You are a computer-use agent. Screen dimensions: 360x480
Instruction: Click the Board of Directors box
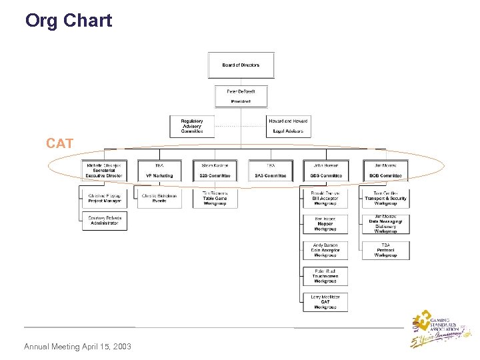(x=241, y=65)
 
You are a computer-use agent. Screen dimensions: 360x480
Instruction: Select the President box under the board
(x=241, y=96)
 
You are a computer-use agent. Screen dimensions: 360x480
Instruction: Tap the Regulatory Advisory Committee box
(x=191, y=126)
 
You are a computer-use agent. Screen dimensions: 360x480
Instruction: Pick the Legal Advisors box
(x=288, y=126)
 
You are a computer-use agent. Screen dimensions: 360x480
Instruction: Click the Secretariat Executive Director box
(x=103, y=170)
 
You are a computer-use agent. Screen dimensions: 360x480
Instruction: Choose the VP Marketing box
(x=159, y=170)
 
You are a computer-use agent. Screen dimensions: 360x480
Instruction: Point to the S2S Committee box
(x=215, y=170)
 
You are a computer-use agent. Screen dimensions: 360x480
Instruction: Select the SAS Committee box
(x=270, y=170)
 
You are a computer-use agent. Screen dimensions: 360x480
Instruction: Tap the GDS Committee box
(x=325, y=170)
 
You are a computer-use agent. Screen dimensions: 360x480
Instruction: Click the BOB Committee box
(x=385, y=170)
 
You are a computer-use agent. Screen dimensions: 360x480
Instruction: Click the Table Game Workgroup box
(x=215, y=198)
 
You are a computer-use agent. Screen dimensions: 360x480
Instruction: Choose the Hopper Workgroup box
(x=325, y=224)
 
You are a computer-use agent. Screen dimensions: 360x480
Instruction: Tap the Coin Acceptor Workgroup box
(x=325, y=250)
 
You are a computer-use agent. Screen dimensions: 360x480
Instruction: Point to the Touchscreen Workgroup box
(x=325, y=276)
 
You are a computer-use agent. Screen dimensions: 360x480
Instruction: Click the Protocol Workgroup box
(x=385, y=250)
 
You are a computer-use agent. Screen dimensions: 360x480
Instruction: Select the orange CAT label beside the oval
(x=59, y=143)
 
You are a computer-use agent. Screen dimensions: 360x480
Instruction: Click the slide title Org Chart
(x=68, y=21)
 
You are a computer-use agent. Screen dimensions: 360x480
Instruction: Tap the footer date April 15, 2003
(x=77, y=347)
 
